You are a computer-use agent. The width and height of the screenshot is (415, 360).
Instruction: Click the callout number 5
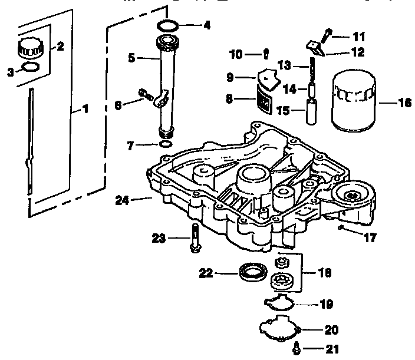(132, 58)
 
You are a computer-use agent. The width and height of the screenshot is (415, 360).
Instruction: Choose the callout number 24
(122, 200)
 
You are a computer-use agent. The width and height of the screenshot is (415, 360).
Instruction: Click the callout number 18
(325, 273)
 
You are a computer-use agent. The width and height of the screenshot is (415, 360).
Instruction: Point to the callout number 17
(370, 239)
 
